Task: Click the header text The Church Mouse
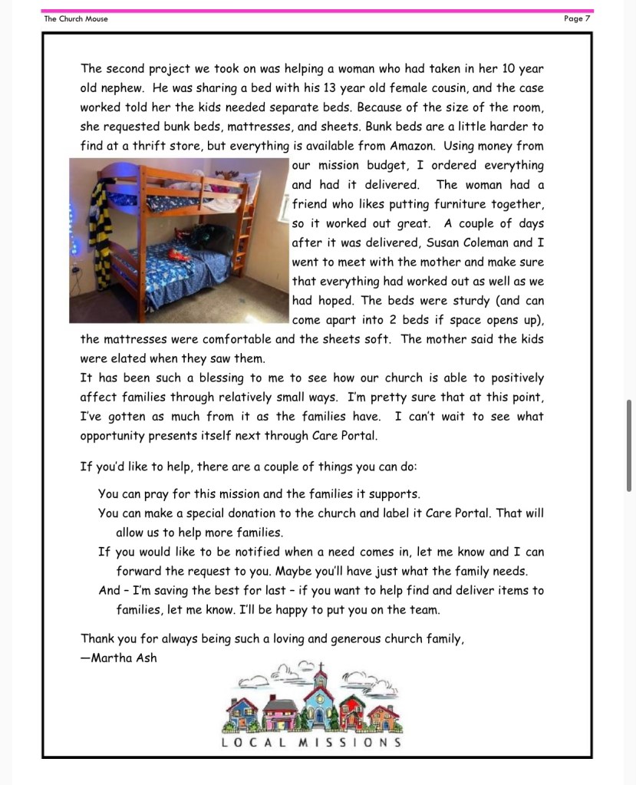[x=76, y=18]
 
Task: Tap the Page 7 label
[x=576, y=18]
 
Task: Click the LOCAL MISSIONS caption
[x=311, y=742]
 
